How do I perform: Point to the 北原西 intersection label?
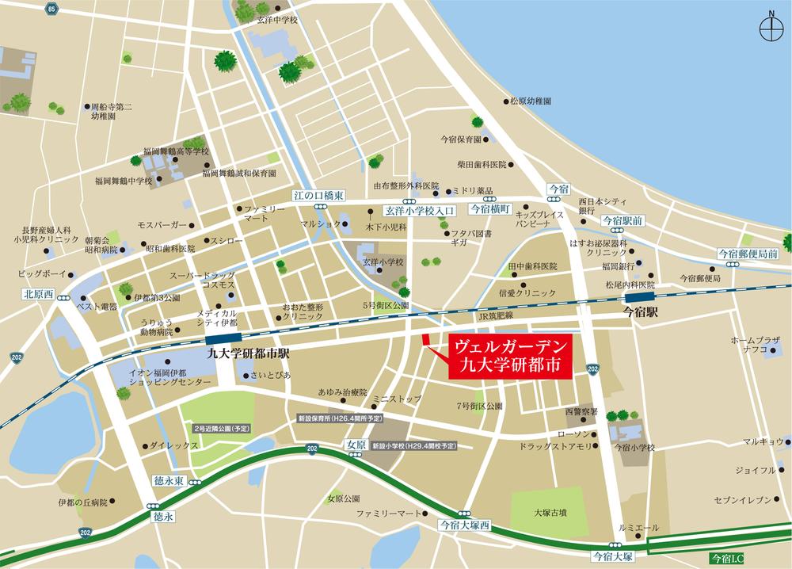coord(38,293)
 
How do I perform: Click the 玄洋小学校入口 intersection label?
coord(421,211)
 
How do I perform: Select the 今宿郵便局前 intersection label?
coord(747,253)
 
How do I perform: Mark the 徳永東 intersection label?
coord(169,481)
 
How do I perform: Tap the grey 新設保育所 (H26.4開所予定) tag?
coord(340,417)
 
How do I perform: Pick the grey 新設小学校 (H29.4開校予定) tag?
coord(414,446)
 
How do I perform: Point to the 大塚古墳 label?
coord(550,513)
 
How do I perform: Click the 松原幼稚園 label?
coord(531,101)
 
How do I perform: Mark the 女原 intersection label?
coord(356,445)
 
